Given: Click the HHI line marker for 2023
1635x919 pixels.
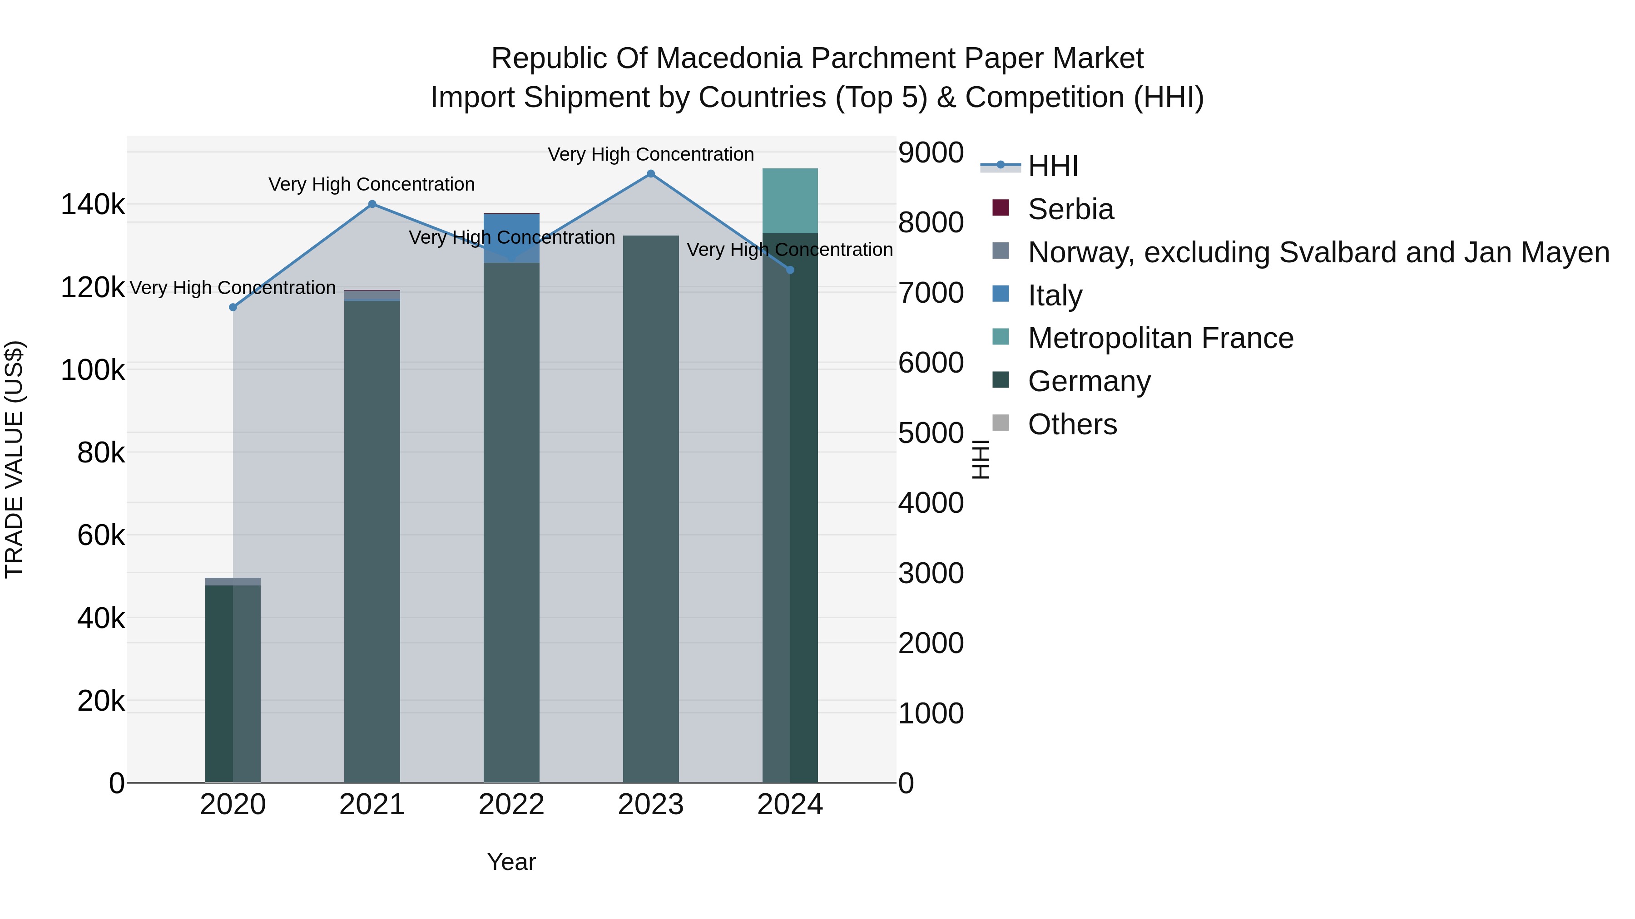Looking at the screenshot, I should point(650,174).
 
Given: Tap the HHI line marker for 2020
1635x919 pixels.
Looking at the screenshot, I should point(233,308).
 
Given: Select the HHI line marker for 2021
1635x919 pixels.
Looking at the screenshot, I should point(372,204).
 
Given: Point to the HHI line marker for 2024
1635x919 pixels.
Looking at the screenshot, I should point(790,270).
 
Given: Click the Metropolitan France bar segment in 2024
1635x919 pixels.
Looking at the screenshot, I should point(790,201).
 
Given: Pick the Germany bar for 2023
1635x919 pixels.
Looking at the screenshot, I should point(650,507).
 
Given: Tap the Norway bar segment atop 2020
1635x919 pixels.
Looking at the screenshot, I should point(233,582).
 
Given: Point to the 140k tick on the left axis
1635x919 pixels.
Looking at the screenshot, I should point(93,205).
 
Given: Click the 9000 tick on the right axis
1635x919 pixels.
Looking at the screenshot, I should point(931,153).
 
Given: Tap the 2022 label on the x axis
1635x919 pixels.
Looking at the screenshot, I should point(511,805).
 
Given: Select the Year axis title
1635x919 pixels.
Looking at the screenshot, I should point(511,862).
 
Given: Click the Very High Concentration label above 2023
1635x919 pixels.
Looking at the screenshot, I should point(650,155).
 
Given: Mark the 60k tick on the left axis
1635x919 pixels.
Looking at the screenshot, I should point(101,536).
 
